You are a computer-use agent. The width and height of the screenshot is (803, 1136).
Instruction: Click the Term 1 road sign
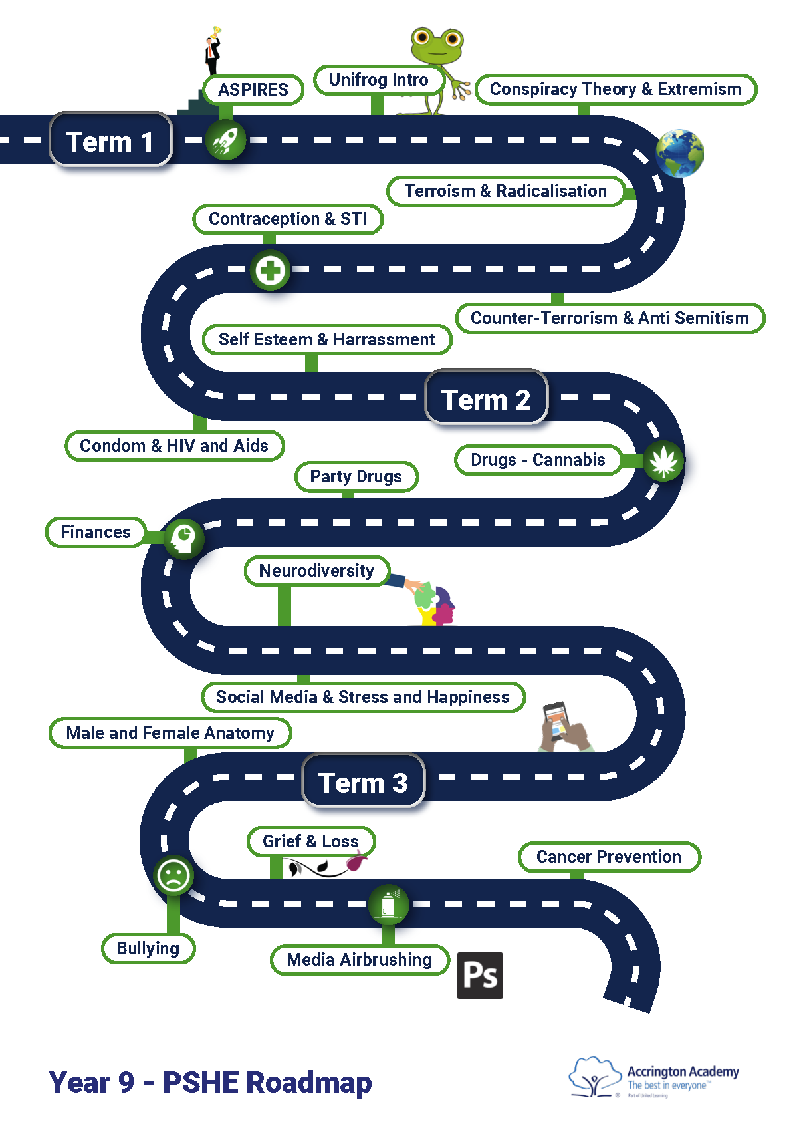(111, 140)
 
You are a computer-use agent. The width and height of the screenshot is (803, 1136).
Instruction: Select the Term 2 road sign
(486, 398)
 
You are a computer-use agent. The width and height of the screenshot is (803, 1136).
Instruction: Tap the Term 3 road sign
(363, 781)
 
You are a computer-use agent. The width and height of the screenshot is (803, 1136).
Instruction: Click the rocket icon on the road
(226, 140)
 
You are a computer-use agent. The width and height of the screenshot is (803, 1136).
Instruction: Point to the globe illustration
(679, 154)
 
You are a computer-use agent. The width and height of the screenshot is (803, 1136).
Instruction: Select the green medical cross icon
(271, 270)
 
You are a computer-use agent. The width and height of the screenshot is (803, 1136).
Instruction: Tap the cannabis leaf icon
(663, 460)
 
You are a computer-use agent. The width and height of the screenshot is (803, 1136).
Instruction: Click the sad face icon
(173, 875)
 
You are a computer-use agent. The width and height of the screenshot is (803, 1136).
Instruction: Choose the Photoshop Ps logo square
(479, 976)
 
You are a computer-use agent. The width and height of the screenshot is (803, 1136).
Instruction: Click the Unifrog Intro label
(378, 80)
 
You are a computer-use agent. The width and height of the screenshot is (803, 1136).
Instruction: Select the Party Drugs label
(356, 477)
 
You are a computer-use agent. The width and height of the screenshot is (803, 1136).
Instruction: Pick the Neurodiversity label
(316, 571)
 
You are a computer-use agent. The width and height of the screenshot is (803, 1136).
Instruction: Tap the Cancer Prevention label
(608, 857)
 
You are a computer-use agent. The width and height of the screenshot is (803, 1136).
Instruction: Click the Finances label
(96, 532)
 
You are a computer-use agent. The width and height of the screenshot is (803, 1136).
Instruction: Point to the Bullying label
(148, 948)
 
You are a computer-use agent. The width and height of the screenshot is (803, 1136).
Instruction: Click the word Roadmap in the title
(308, 1083)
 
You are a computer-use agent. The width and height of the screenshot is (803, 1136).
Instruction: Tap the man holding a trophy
(213, 52)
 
